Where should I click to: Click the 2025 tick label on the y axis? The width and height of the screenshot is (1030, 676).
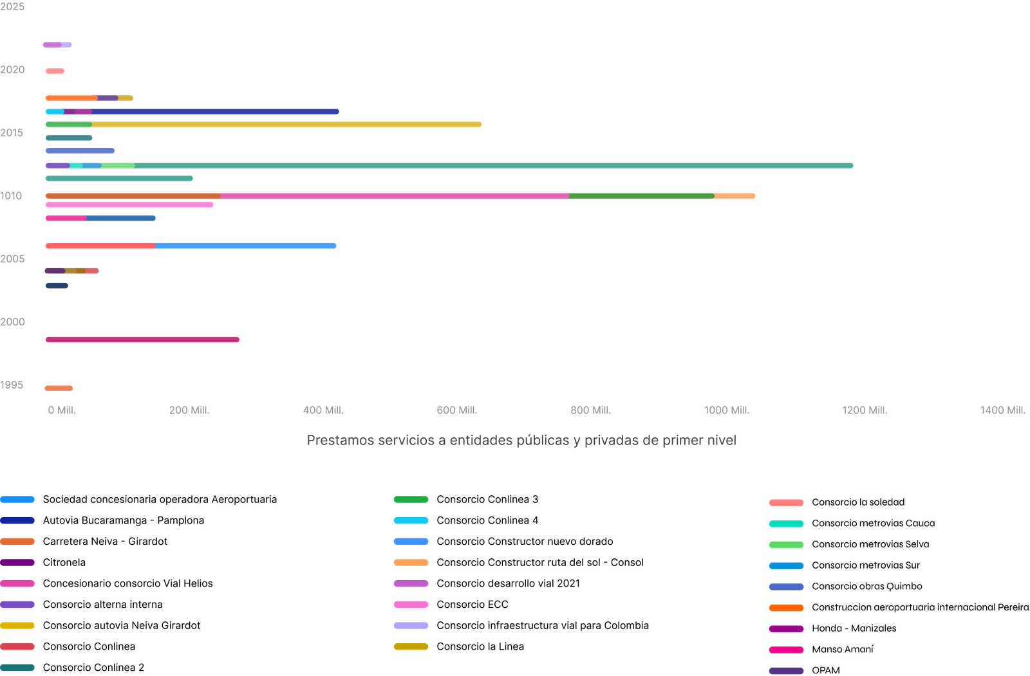[12, 7]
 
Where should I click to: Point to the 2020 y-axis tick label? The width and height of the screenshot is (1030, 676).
[12, 69]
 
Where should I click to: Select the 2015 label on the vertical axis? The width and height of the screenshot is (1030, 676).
[12, 132]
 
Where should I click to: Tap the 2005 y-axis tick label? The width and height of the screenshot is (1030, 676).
[12, 259]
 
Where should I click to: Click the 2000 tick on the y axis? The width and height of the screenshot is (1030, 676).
[12, 322]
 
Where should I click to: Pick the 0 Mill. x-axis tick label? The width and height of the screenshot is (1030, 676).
[61, 410]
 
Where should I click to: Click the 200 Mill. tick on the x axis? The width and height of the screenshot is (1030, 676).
[189, 410]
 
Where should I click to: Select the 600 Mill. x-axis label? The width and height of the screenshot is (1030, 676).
[456, 410]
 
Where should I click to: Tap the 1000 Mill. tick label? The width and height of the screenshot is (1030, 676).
[727, 410]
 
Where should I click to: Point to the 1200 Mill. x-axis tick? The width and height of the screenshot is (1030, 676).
[865, 410]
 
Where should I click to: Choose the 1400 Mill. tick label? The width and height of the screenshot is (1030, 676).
[1003, 410]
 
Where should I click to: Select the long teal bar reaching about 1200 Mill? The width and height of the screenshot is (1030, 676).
[489, 165]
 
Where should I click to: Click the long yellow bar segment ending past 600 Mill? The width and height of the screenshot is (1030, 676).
[286, 124]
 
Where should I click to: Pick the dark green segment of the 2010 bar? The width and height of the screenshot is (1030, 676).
[641, 196]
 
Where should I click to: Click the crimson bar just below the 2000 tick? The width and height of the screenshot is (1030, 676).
[142, 340]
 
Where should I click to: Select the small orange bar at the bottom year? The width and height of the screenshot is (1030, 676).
[59, 388]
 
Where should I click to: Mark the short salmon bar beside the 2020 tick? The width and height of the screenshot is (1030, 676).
[55, 71]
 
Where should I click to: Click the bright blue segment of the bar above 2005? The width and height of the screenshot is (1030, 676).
[245, 246]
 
